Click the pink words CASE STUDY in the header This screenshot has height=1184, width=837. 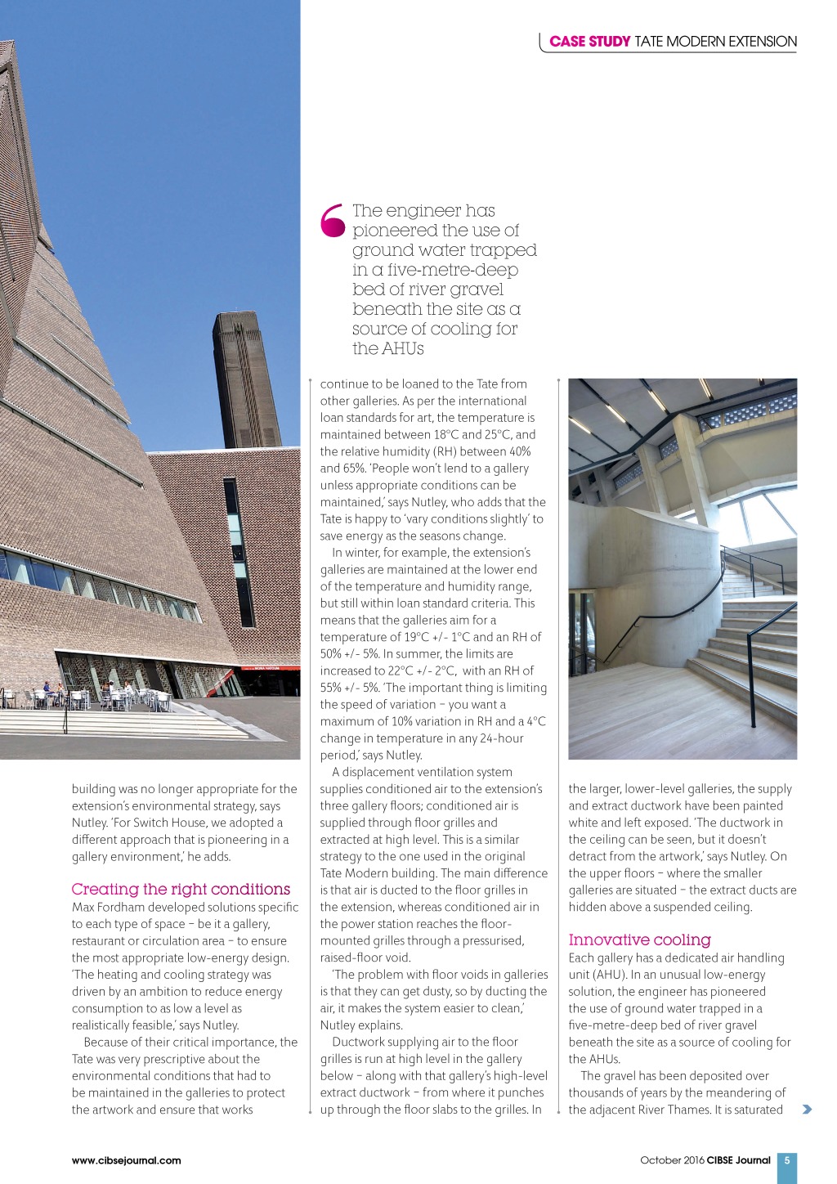(589, 42)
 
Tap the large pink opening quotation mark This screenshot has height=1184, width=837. (333, 221)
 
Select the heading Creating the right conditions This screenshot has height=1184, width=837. (181, 889)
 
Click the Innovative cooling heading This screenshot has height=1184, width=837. (639, 940)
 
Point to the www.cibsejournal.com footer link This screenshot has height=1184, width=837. (127, 1160)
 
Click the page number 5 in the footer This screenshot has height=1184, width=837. (787, 1160)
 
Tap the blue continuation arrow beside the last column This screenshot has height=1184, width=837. (808, 1110)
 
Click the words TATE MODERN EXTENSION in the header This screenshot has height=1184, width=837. (715, 42)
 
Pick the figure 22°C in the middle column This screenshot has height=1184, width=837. (403, 670)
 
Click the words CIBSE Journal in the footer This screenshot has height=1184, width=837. (738, 1160)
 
